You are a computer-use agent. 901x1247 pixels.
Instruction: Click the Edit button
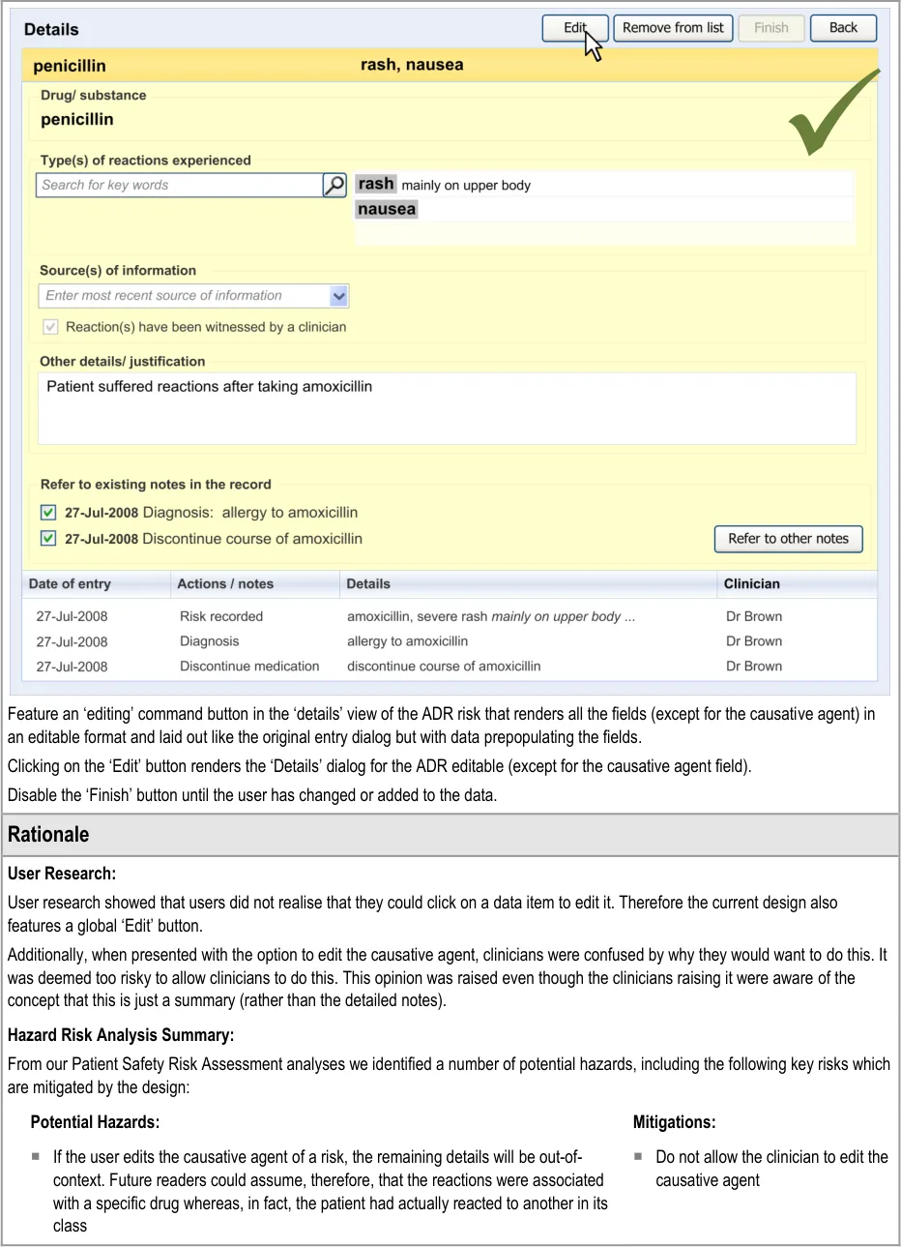(574, 28)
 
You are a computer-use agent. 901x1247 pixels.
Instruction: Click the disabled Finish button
(770, 28)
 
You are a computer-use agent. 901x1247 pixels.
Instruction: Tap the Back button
(843, 28)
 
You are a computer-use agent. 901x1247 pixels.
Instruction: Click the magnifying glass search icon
(334, 185)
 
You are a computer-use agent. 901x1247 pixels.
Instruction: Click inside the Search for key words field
(179, 185)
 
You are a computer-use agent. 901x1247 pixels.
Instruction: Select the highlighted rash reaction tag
(376, 184)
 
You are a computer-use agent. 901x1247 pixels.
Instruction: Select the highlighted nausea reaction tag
(387, 209)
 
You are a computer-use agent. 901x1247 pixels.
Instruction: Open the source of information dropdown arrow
(338, 296)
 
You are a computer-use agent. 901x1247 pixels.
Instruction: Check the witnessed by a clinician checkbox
(50, 327)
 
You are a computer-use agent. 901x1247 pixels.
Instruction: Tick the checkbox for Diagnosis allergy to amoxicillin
(48, 513)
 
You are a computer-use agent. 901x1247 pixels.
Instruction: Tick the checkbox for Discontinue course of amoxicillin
(48, 539)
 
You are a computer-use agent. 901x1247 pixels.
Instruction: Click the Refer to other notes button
(788, 539)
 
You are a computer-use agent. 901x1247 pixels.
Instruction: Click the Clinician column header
(751, 584)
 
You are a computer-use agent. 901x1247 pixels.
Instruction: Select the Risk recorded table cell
(221, 616)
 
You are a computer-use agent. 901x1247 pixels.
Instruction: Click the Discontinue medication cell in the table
(249, 667)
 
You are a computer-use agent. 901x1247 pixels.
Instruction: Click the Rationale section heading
(48, 834)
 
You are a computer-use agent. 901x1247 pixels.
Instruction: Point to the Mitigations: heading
(674, 1122)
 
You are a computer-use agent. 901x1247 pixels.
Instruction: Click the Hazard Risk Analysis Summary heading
(121, 1035)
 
